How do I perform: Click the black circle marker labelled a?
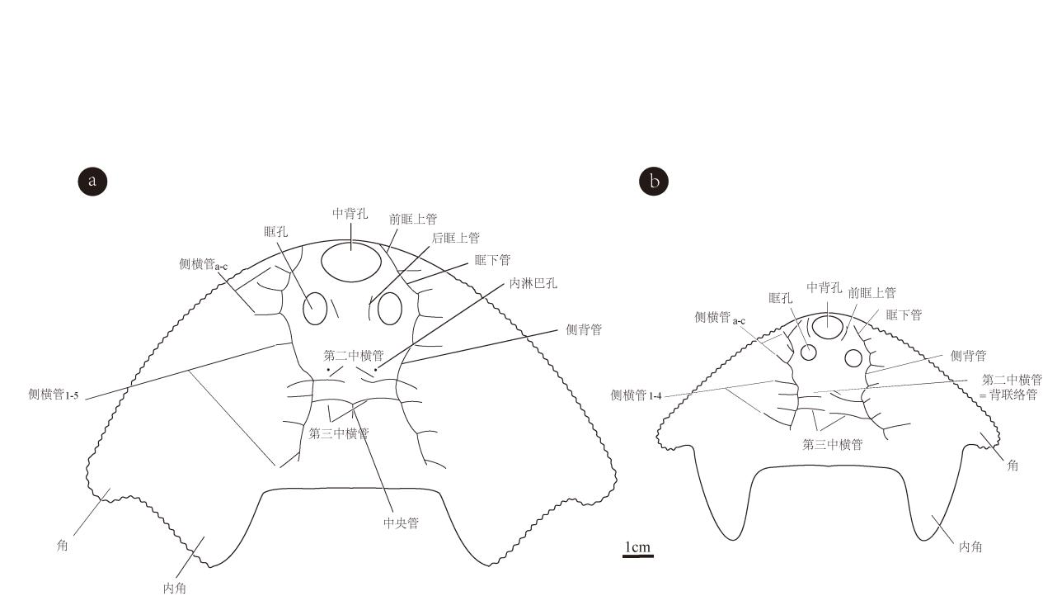[92, 181]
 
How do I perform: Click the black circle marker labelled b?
[654, 181]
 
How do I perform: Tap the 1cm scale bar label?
[637, 547]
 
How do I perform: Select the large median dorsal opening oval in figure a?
[351, 263]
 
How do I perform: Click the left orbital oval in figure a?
[315, 309]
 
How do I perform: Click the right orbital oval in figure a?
[389, 309]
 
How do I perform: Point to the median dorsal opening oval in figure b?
[827, 327]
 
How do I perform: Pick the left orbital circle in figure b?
[809, 352]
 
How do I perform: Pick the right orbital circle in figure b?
[853, 357]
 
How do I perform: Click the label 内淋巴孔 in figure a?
[533, 283]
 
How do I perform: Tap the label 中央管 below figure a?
[401, 523]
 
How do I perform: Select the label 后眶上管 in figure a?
[456, 239]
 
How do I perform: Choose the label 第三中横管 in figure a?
[339, 433]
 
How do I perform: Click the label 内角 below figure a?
[175, 588]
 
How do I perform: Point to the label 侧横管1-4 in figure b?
[636, 395]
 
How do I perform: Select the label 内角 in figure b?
[970, 546]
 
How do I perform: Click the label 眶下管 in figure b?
[904, 315]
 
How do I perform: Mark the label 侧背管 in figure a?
[584, 330]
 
